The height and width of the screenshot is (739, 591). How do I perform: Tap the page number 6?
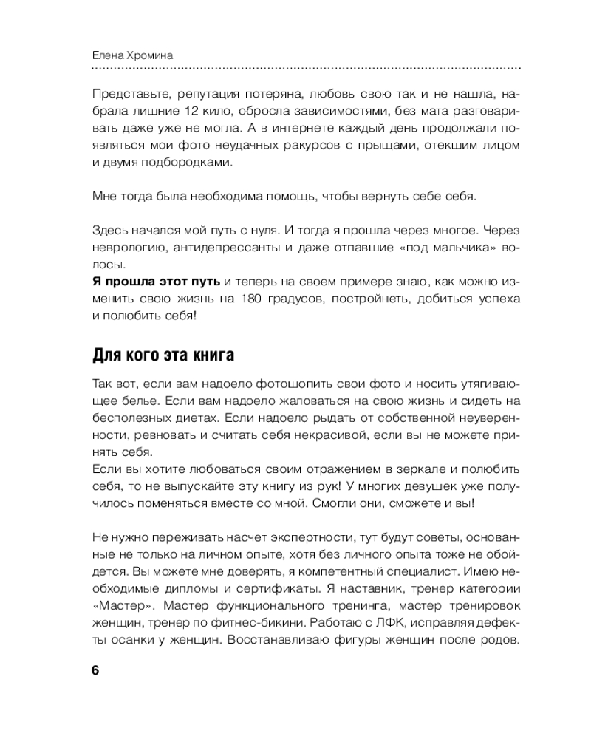tap(95, 670)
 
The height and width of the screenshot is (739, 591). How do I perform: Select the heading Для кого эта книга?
tap(163, 355)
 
